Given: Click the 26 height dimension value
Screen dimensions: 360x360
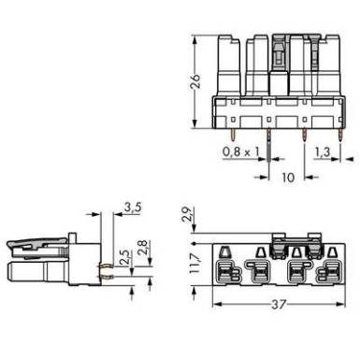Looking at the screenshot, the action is coord(195,82).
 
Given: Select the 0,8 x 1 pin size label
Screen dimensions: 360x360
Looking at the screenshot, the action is coord(241,151).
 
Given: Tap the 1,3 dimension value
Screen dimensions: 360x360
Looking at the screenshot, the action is coord(322,151).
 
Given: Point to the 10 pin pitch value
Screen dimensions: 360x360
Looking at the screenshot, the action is coord(288,178).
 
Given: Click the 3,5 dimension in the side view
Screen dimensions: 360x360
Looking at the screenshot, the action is coord(133,208).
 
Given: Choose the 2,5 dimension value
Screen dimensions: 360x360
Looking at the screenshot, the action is coord(125,257).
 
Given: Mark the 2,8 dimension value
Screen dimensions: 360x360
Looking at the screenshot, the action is coord(142,248).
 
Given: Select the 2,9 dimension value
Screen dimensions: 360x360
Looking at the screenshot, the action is coord(187,214).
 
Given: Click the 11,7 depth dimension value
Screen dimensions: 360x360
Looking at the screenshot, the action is coord(194,264).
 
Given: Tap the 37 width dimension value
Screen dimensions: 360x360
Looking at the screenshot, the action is coord(279,305).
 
